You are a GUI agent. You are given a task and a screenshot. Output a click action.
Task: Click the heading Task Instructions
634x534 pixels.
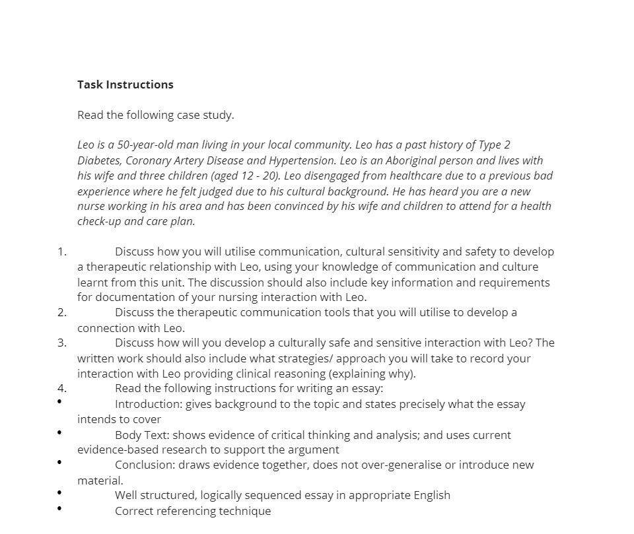click(x=125, y=84)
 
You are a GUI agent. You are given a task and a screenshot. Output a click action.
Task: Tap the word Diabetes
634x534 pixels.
click(x=100, y=160)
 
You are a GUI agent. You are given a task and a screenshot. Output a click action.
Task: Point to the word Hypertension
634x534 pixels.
click(x=296, y=160)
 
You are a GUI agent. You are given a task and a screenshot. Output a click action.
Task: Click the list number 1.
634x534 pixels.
click(x=62, y=251)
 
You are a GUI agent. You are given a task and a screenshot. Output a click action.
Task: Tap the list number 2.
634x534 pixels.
click(x=62, y=312)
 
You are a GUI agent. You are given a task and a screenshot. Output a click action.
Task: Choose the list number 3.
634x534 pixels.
click(x=62, y=343)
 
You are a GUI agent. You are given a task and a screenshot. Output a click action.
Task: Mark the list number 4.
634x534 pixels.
click(x=62, y=388)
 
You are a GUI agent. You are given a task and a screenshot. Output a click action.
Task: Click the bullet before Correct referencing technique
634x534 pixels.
click(x=59, y=508)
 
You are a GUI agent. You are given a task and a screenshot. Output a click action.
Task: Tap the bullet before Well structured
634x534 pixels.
click(x=59, y=492)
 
